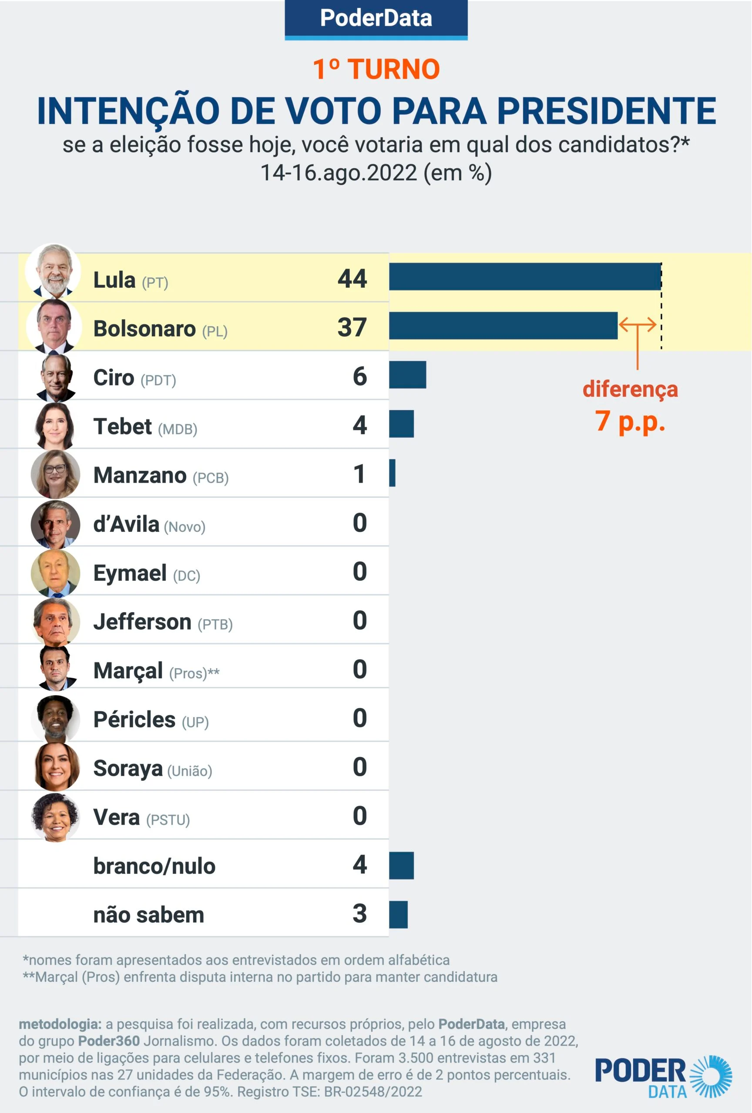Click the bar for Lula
(525, 277)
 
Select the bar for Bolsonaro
(503, 326)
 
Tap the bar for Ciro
(407, 375)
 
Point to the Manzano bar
(393, 473)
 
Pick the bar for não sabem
(398, 914)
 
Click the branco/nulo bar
(401, 865)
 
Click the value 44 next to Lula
(352, 279)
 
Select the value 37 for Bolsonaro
(352, 327)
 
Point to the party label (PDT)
(158, 380)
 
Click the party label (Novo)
(185, 527)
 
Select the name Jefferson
(142, 622)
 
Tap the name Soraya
(128, 768)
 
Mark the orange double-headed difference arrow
(637, 325)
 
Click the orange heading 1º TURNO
(376, 70)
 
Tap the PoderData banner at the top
(376, 19)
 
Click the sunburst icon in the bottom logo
(711, 1076)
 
